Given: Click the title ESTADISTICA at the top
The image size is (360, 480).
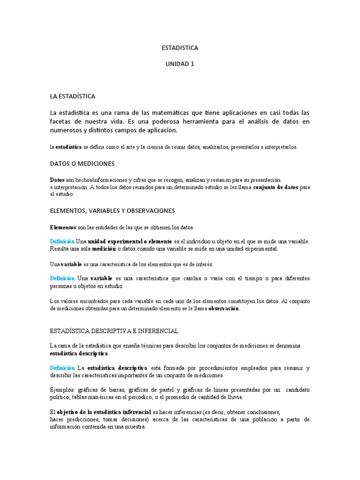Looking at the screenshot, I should click(180, 48).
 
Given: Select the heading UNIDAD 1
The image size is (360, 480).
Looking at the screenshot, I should click(180, 64).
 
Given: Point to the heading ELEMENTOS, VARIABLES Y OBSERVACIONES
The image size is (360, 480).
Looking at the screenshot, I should click(112, 211).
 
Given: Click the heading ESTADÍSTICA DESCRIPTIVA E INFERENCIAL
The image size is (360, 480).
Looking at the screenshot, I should click(114, 331).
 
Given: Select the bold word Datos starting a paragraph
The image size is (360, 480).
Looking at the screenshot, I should click(57, 180).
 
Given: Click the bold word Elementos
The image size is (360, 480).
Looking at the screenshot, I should click(63, 227).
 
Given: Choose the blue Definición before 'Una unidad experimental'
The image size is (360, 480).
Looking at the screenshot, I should click(62, 241).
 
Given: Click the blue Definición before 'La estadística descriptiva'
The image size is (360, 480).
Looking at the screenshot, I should click(62, 368).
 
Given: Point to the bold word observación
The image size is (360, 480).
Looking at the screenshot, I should click(220, 308).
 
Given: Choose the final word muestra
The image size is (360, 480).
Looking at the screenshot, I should click(135, 427).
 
